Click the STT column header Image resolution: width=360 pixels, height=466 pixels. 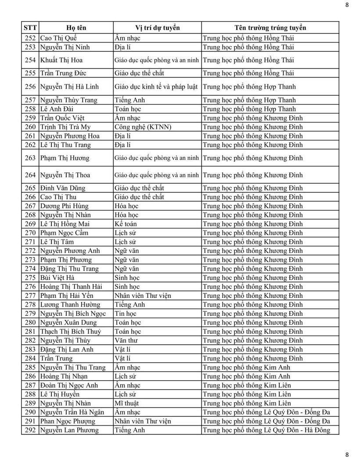pyautogui.click(x=30, y=28)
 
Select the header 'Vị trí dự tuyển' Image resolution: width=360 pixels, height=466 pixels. pyautogui.click(x=157, y=28)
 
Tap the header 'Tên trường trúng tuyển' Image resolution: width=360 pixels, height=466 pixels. pyautogui.click(x=270, y=28)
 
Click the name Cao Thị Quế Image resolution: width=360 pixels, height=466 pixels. pyautogui.click(x=58, y=38)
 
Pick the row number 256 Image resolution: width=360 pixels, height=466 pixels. pyautogui.click(x=30, y=87)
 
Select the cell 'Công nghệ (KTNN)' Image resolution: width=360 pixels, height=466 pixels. pyautogui.click(x=143, y=127)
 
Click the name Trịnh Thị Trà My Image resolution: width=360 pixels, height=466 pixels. pyautogui.click(x=65, y=127)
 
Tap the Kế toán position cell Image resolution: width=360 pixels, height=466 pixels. pyautogui.click(x=126, y=224)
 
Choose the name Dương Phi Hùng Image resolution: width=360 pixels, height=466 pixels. pyautogui.click(x=64, y=206)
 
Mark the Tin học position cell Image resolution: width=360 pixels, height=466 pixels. pyautogui.click(x=125, y=314)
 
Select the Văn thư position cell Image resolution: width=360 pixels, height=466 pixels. pyautogui.click(x=126, y=340)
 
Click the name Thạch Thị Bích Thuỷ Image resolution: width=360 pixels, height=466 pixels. pyautogui.click(x=70, y=332)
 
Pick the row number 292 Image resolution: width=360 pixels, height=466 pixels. pyautogui.click(x=30, y=430)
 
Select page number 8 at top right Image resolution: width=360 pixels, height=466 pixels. pyautogui.click(x=347, y=5)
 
